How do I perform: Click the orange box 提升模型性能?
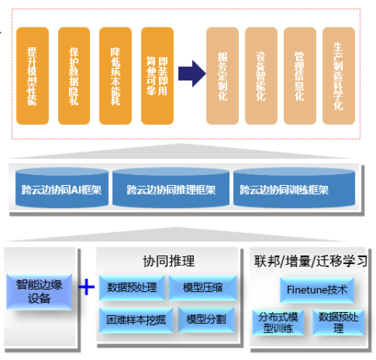(x=33, y=75)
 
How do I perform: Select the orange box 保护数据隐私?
(x=74, y=75)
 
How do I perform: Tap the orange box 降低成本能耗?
(x=116, y=75)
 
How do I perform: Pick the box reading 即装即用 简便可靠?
(x=158, y=75)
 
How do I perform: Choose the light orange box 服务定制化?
(x=223, y=75)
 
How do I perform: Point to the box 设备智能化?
(x=261, y=75)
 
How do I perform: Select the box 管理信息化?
(x=299, y=75)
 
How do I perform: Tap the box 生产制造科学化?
(x=338, y=75)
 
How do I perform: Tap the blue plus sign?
(x=86, y=288)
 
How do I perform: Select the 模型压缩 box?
(x=203, y=288)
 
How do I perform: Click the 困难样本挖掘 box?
(x=133, y=319)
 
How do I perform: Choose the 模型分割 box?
(x=205, y=319)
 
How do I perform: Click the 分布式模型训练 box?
(x=279, y=322)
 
